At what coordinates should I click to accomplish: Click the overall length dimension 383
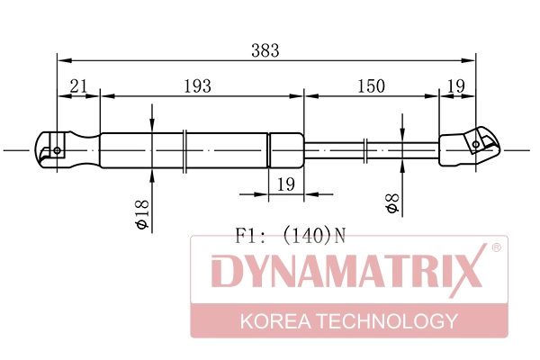click(x=265, y=51)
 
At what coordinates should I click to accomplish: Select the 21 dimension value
click(x=78, y=86)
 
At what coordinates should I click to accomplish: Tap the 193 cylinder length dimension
click(x=197, y=86)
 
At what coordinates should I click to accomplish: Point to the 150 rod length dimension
click(x=370, y=86)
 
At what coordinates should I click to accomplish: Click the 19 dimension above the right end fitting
click(x=455, y=86)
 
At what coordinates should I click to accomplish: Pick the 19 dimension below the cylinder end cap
click(x=286, y=184)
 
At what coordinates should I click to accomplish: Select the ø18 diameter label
click(x=140, y=215)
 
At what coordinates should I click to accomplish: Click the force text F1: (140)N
click(x=290, y=237)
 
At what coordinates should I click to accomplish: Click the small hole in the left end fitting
click(x=58, y=150)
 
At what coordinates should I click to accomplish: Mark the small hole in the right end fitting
click(x=476, y=143)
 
